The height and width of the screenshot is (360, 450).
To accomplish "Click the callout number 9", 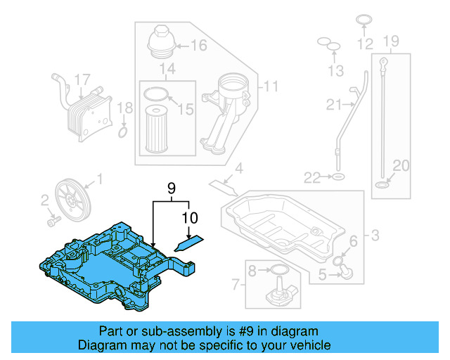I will [x=169, y=188].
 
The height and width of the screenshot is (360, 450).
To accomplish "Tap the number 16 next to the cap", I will [x=198, y=46].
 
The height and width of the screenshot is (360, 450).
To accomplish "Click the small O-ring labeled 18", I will [x=123, y=131].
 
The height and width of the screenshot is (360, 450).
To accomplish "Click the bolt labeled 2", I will [x=51, y=222].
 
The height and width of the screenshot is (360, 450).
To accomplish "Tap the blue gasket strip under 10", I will [x=188, y=243].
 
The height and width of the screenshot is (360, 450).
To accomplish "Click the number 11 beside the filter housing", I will [x=270, y=87].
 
